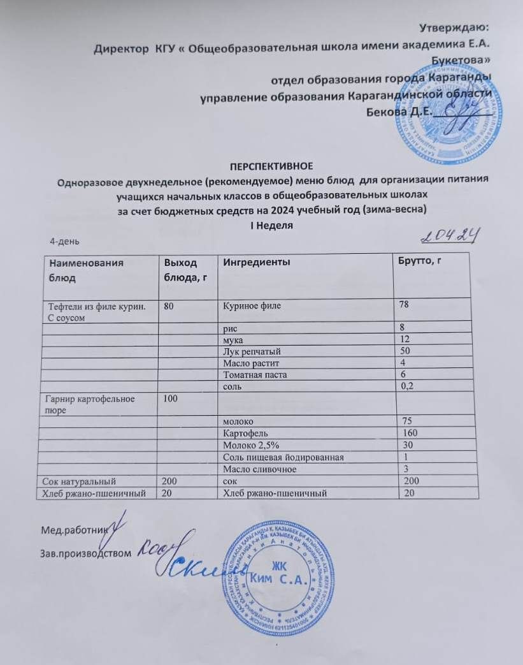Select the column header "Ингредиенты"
point(254,262)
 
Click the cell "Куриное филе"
point(252,306)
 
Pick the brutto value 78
point(404,306)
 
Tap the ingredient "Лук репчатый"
point(252,351)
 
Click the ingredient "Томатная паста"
point(255,374)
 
